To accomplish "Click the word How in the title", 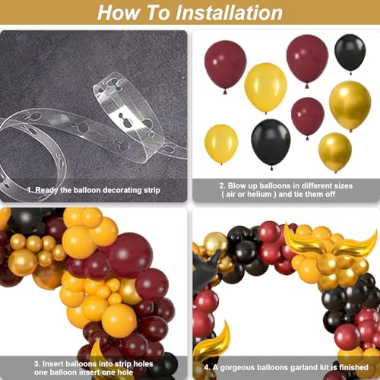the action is point(118,13).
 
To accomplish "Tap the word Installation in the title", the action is point(230,13).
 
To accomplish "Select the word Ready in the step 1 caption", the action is point(46,190).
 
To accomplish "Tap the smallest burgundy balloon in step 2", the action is point(308,117).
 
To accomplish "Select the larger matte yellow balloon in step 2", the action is point(265,87).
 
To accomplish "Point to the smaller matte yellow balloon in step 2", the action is point(221,144).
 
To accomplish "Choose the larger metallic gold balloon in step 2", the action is point(350,104).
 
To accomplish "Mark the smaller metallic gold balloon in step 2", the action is point(335,151).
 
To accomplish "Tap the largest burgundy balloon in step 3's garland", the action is point(131,255).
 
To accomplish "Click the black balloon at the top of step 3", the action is point(24,220).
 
